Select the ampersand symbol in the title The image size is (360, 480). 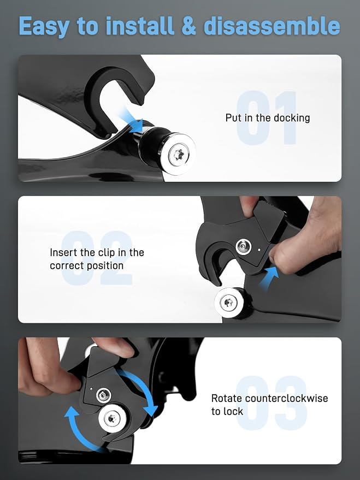188,26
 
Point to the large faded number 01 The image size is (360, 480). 267,117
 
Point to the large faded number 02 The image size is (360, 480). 97,258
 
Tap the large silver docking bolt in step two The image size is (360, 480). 229,303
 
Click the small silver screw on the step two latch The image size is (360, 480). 244,246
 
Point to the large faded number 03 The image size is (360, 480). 271,402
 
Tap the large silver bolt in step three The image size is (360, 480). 113,418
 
